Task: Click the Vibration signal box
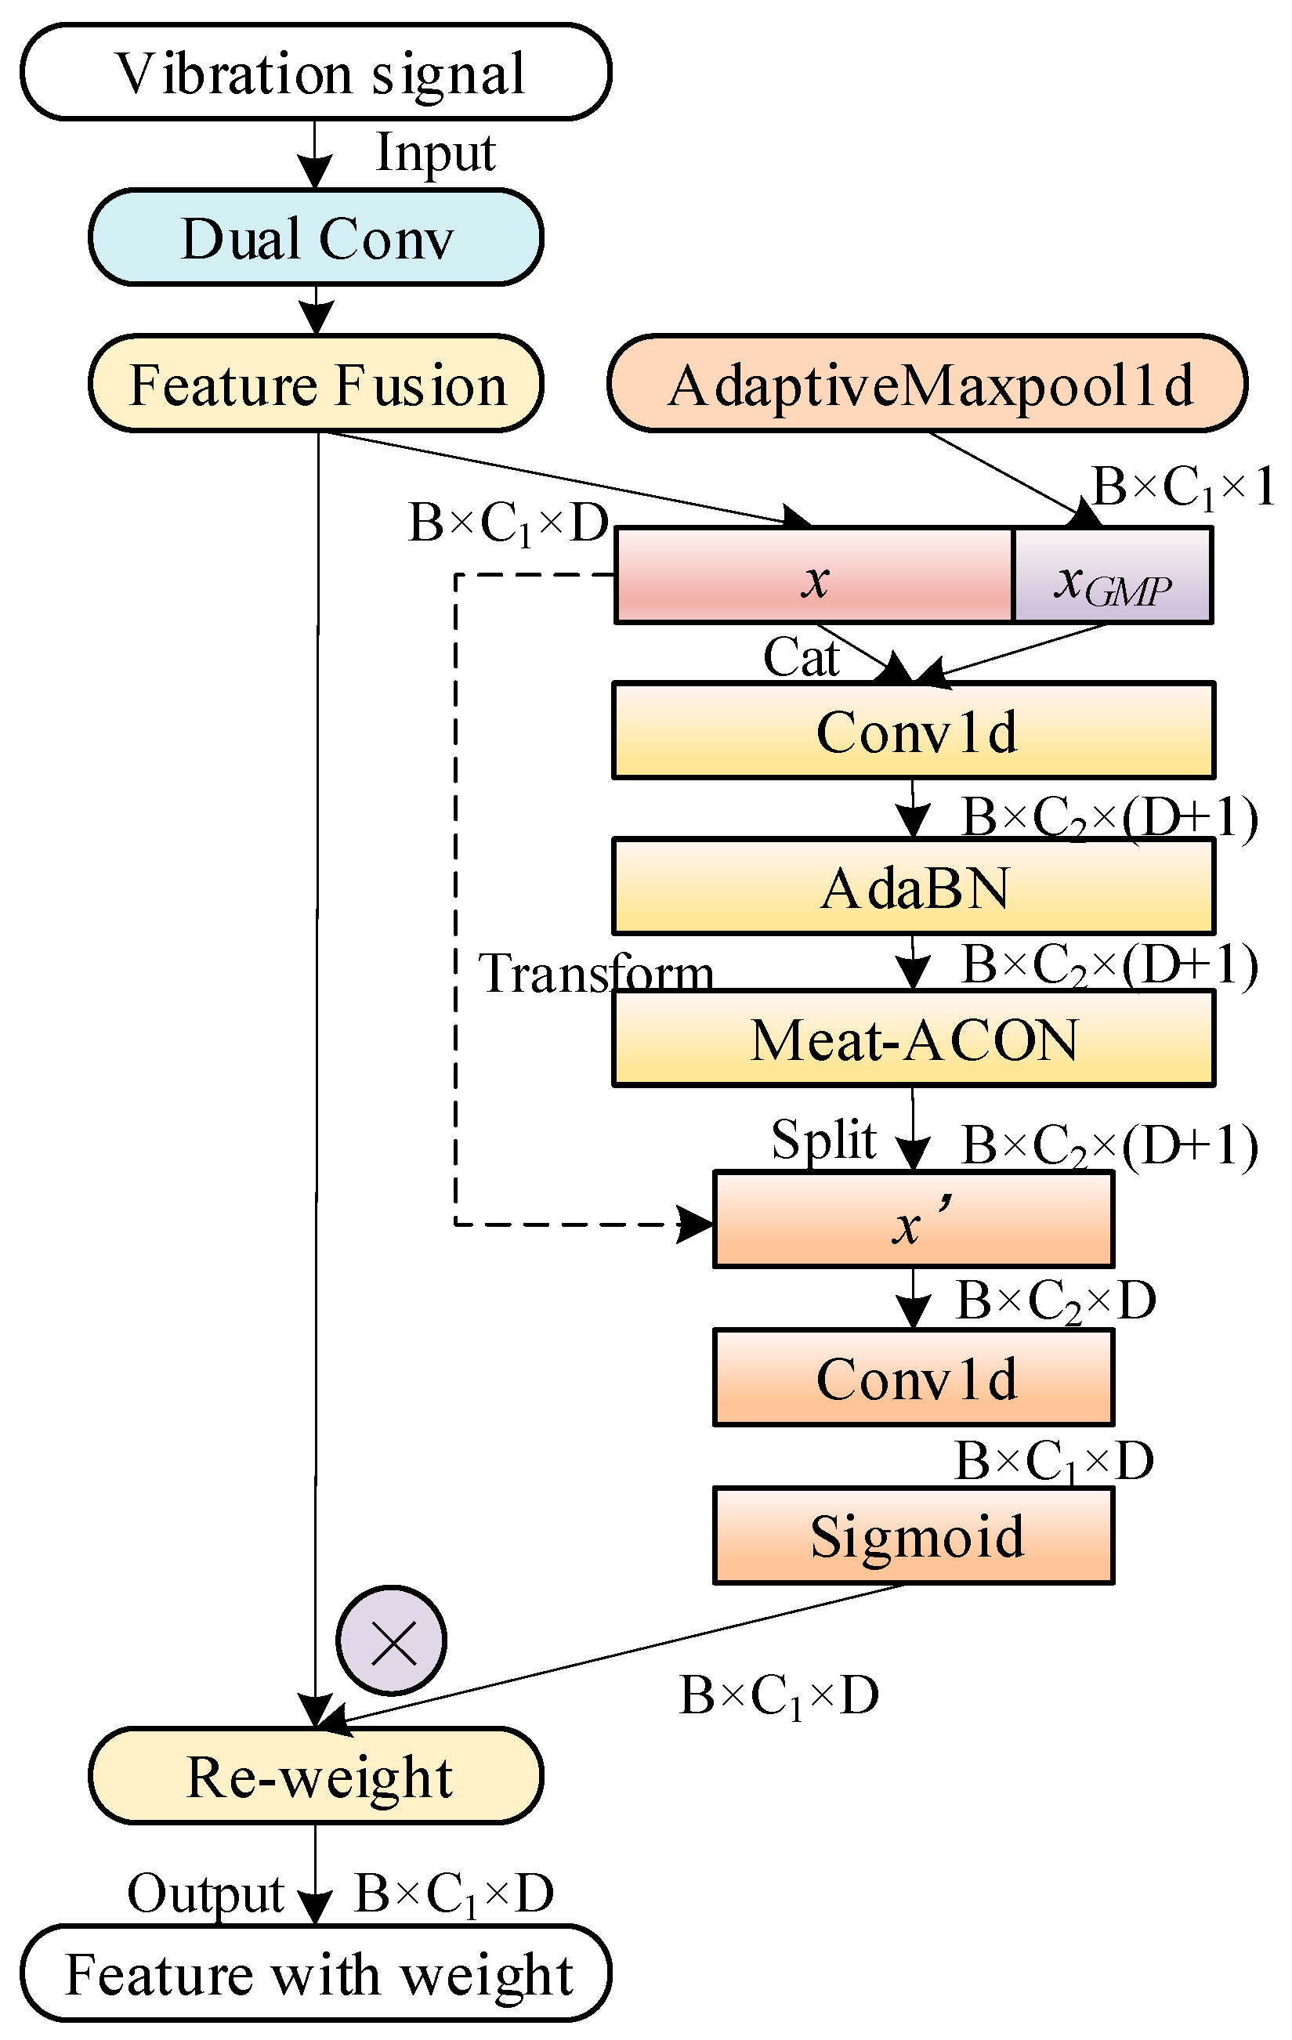[315, 73]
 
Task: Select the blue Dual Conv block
[315, 238]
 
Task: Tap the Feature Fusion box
[315, 385]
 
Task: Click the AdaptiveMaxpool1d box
[927, 385]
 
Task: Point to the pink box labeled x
[813, 577]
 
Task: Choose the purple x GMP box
[1112, 577]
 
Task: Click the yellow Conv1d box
[914, 731]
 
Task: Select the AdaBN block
[914, 887]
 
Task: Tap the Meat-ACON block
[914, 1040]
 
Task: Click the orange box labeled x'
[914, 1221]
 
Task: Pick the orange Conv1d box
[914, 1378]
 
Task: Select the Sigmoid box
[914, 1536]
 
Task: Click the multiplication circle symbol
[392, 1641]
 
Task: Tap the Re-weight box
[315, 1777]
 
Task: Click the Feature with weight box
[315, 1974]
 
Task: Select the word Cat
[800, 657]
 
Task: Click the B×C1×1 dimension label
[1183, 489]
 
